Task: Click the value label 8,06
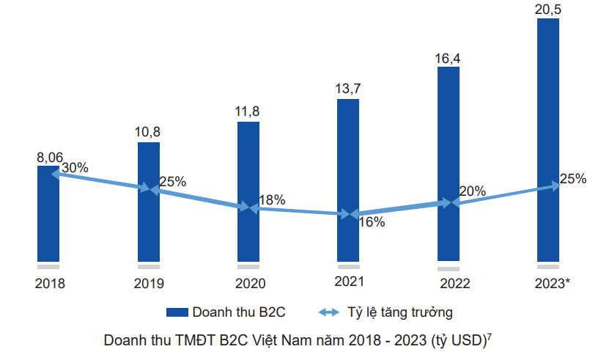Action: (50, 157)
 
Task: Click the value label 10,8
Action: (148, 132)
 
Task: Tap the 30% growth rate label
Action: (75, 168)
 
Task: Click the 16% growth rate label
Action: (371, 222)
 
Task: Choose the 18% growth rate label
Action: (272, 199)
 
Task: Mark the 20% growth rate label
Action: (472, 191)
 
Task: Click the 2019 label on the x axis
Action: (149, 283)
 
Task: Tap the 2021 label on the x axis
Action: (349, 281)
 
